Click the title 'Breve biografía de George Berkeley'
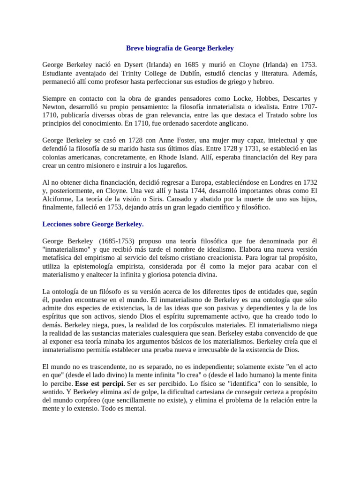pos(180,48)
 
